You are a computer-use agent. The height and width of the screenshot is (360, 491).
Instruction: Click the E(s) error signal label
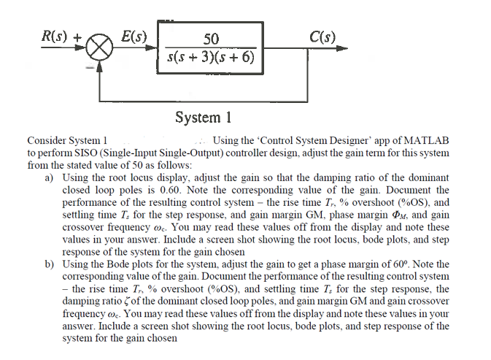coord(134,37)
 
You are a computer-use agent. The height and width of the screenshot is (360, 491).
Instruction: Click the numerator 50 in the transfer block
coord(211,39)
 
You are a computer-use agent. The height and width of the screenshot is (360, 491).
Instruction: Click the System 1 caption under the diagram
coord(203,118)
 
